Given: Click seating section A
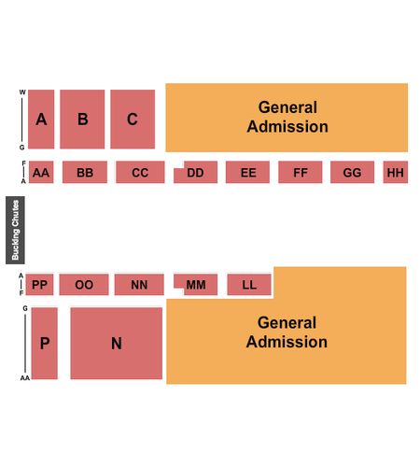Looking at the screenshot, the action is pyautogui.click(x=41, y=120).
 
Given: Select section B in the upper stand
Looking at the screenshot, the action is pyautogui.click(x=82, y=120).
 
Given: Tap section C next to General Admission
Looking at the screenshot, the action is pyautogui.click(x=133, y=120).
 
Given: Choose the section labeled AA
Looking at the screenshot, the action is pyautogui.click(x=41, y=172).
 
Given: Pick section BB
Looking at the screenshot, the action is pyautogui.click(x=85, y=172).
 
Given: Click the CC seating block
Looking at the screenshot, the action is pyautogui.click(x=140, y=172).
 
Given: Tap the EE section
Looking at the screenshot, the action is pyautogui.click(x=247, y=172).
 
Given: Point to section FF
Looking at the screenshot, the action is pyautogui.click(x=301, y=172).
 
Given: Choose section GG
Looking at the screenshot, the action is pyautogui.click(x=352, y=172).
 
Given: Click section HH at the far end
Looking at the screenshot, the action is pyautogui.click(x=396, y=172).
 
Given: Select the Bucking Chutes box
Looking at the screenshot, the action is pyautogui.click(x=15, y=230).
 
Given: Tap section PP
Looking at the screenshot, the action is pyautogui.click(x=39, y=285).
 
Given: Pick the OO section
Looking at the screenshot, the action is pyautogui.click(x=84, y=285).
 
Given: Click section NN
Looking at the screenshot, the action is pyautogui.click(x=139, y=285).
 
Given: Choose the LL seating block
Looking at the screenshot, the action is pyautogui.click(x=249, y=285).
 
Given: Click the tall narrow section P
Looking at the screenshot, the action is pyautogui.click(x=45, y=344).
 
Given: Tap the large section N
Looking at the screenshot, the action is pyautogui.click(x=117, y=344).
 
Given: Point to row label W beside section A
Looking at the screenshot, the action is pyautogui.click(x=22, y=92).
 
